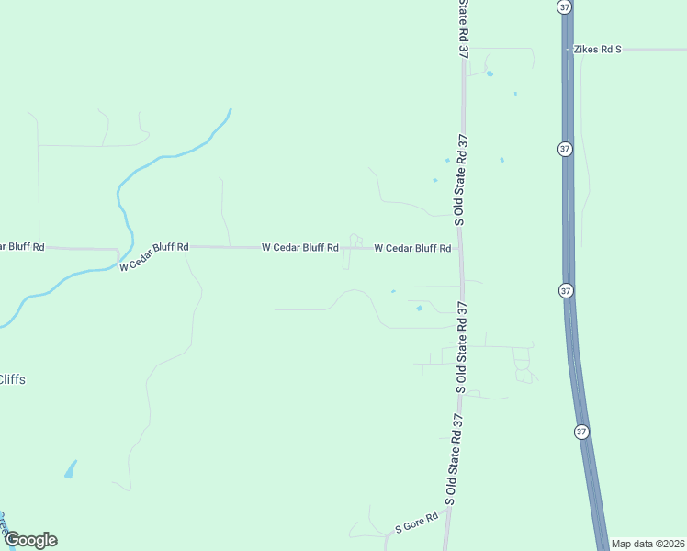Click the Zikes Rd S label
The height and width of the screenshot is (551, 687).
point(598,49)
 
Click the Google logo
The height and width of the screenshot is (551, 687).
point(30,540)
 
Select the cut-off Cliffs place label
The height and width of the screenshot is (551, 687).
point(12,379)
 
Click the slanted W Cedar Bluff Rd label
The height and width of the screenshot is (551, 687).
point(153,255)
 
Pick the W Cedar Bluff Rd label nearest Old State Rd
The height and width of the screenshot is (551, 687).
point(412,248)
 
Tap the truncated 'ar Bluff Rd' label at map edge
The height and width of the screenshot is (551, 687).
point(22,246)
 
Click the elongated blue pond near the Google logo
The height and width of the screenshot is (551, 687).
point(70,470)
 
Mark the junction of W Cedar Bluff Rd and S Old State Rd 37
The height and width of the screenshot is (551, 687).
point(461,248)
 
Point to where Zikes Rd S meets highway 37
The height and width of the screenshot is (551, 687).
point(568,49)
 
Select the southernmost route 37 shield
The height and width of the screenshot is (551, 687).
point(582,432)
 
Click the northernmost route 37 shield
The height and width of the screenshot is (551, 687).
point(563,6)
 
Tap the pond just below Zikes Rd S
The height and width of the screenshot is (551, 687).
point(490,73)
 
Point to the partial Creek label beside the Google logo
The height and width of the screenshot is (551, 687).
point(3,523)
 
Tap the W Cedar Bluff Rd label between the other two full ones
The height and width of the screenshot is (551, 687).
point(300,247)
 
